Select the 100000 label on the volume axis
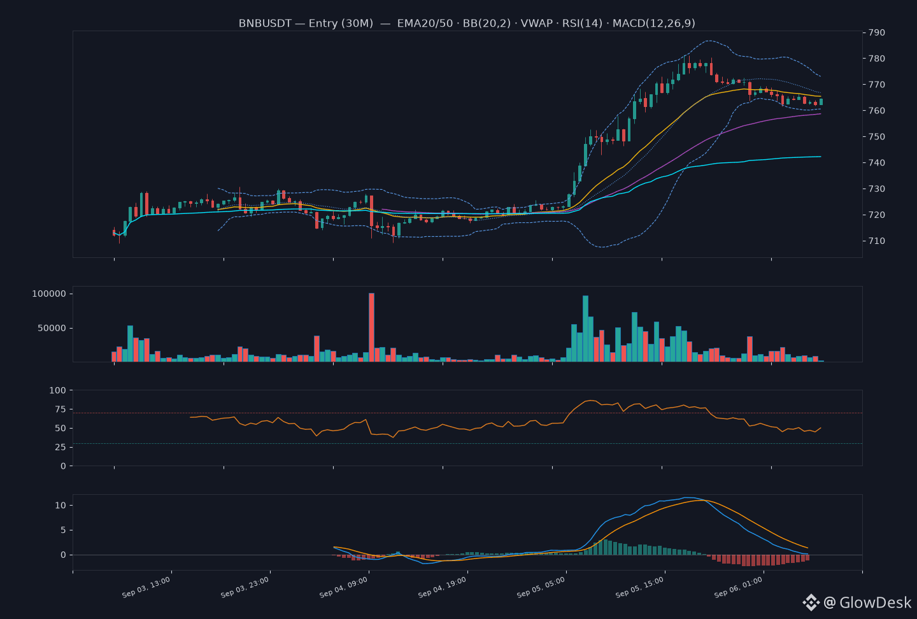click(48, 294)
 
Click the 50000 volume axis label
click(52, 329)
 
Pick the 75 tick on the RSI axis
click(60, 409)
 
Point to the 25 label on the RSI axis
click(60, 447)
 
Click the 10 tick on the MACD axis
click(60, 505)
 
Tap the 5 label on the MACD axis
click(63, 530)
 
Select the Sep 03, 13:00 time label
click(146, 587)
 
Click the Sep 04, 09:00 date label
click(343, 587)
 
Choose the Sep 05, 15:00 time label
click(639, 587)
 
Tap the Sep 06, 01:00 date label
click(738, 587)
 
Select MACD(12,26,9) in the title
click(654, 24)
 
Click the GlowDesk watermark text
click(875, 602)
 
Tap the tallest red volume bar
click(371, 327)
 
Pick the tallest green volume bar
click(585, 329)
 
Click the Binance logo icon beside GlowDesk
click(811, 602)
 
